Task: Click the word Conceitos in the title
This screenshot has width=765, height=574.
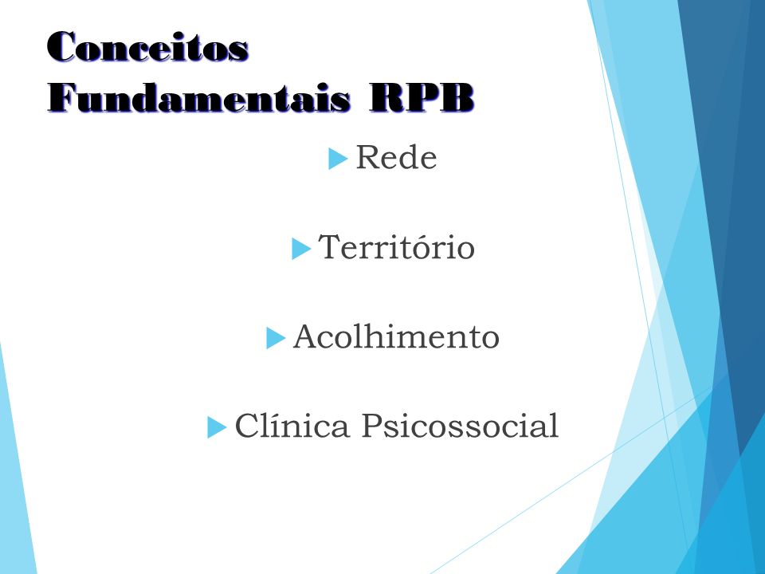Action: [148, 46]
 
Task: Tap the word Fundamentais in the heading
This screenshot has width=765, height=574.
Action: [199, 97]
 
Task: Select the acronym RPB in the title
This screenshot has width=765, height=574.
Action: [422, 97]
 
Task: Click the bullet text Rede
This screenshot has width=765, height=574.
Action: [396, 157]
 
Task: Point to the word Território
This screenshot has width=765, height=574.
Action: [396, 246]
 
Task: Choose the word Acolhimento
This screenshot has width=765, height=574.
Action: [396, 336]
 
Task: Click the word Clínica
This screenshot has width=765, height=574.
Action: [292, 425]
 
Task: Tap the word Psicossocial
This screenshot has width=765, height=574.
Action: [460, 426]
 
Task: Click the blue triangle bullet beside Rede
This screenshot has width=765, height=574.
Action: [338, 159]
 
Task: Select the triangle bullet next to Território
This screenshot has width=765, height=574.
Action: [300, 249]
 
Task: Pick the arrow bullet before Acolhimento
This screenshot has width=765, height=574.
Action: [275, 338]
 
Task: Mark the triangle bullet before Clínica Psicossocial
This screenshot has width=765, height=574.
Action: [216, 427]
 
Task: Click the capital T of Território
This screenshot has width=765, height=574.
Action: [329, 246]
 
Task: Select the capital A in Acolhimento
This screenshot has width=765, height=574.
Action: [306, 336]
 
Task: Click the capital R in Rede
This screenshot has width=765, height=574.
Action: [369, 157]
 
